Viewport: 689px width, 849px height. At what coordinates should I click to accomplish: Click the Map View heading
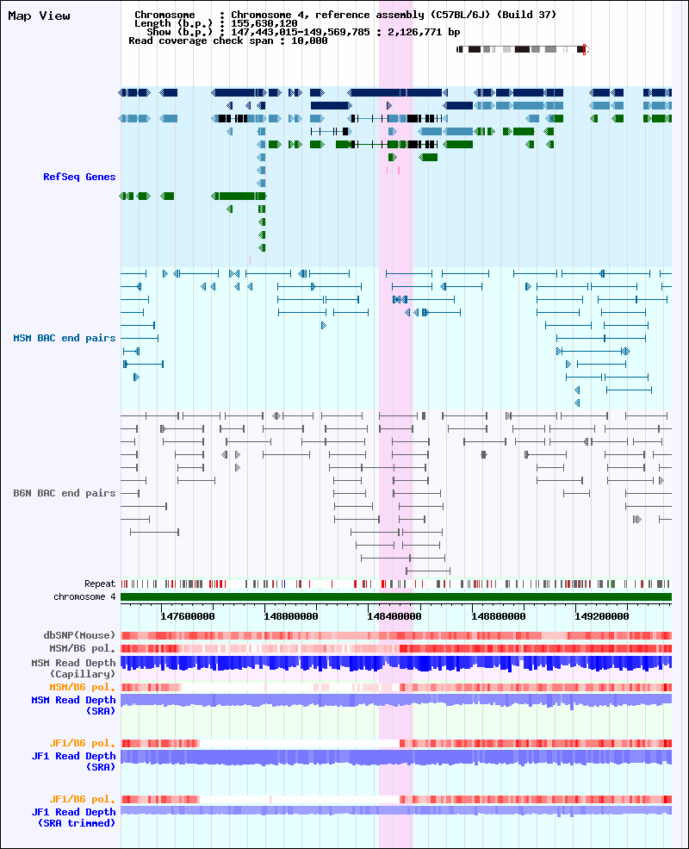[x=39, y=16]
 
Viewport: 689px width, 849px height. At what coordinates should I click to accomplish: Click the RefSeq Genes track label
[x=79, y=177]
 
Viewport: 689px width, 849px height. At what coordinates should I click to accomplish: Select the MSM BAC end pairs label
[x=65, y=338]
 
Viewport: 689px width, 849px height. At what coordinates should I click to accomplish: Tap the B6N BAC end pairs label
[x=65, y=493]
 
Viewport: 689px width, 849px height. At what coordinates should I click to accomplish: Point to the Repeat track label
[x=100, y=584]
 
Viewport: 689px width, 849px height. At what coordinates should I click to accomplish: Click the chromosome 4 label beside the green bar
[x=84, y=596]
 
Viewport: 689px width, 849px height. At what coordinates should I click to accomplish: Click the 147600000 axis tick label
[x=187, y=616]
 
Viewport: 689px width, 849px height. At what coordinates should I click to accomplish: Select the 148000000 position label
[x=291, y=616]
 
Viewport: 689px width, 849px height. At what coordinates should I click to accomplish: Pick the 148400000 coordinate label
[x=394, y=616]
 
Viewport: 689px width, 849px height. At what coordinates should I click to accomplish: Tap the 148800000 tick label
[x=498, y=616]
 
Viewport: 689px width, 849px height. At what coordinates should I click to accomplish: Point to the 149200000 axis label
[x=601, y=616]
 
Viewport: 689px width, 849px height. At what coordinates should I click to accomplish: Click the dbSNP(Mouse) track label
[x=79, y=635]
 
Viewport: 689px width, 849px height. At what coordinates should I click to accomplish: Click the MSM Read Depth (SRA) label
[x=73, y=705]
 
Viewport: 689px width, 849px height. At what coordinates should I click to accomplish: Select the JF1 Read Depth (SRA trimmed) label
[x=73, y=817]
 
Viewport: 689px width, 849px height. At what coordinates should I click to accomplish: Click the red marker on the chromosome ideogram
[x=584, y=50]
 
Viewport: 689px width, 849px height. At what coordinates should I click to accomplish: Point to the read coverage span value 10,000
[x=309, y=41]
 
